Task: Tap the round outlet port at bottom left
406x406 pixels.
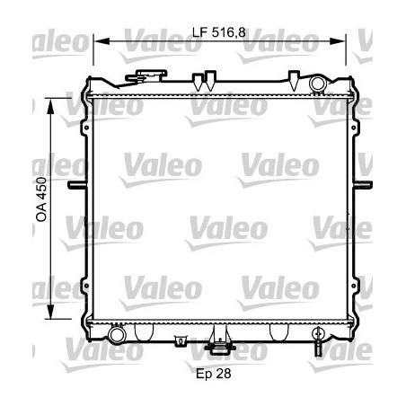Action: tap(116, 335)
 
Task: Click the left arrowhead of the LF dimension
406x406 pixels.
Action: tap(98, 41)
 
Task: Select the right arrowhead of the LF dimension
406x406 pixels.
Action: tap(340, 41)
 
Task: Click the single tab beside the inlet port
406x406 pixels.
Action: tap(295, 77)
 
